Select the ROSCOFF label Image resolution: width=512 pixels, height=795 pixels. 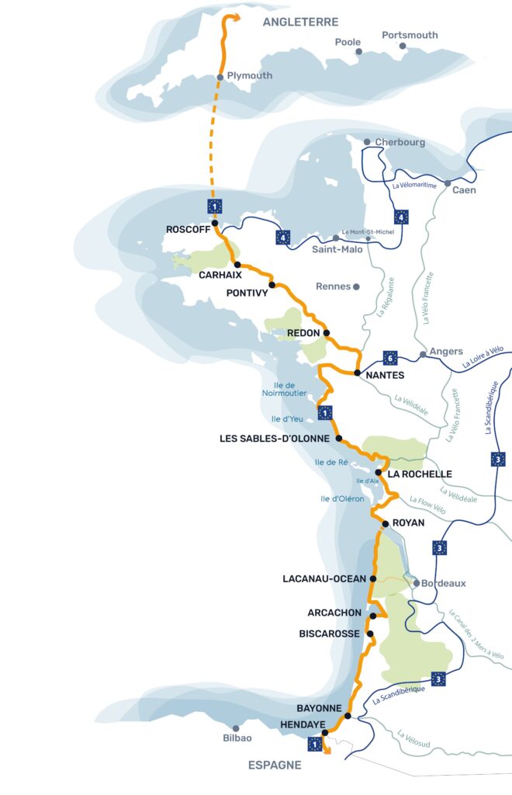[188, 229]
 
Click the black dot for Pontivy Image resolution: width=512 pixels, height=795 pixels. [272, 285]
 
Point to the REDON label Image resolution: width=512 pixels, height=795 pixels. [303, 333]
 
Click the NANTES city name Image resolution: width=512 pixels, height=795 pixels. [384, 374]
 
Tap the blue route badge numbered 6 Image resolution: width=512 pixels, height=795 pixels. [390, 358]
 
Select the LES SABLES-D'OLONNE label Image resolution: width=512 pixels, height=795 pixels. [276, 439]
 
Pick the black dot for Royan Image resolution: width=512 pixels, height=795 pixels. [383, 523]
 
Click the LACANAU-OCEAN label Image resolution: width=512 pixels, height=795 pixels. [326, 578]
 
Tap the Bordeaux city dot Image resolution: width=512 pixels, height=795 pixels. [417, 582]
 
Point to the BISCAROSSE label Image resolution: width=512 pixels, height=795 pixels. [329, 634]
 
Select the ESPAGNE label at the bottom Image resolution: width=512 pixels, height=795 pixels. [275, 765]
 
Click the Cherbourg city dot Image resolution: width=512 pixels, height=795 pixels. [367, 142]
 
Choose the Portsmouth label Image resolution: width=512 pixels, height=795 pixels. [410, 35]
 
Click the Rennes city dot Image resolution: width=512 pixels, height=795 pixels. [356, 286]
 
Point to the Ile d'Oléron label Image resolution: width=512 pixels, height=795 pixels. [342, 498]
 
